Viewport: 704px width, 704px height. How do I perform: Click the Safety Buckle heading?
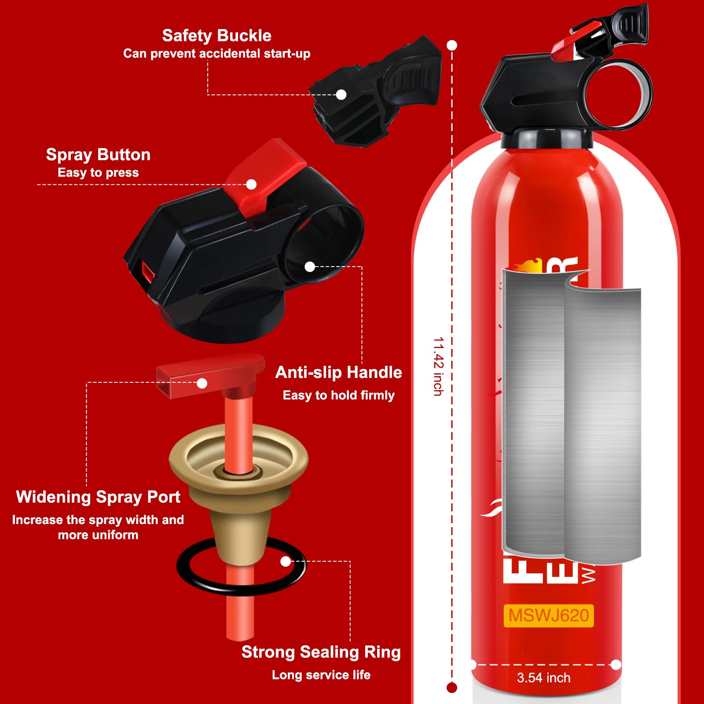point(216,36)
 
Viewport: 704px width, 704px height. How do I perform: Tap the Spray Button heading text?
point(98,155)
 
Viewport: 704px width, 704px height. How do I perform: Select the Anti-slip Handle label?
point(338,373)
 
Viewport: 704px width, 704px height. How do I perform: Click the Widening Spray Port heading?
point(98,497)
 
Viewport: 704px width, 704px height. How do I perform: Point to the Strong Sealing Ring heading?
point(321,652)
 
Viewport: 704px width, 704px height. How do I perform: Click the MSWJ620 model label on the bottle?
point(548,616)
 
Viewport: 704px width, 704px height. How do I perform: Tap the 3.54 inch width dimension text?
point(543,678)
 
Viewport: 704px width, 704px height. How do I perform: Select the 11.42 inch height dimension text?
point(438,366)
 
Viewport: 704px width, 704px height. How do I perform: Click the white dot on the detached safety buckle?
point(341,95)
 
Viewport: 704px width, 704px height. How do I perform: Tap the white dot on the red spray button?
point(251,184)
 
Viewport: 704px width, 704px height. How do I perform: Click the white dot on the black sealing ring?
point(286,561)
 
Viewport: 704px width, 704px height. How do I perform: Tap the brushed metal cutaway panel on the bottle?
point(572,418)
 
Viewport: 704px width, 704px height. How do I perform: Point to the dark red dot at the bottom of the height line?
point(451,687)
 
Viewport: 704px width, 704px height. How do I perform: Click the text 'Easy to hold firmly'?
point(338,395)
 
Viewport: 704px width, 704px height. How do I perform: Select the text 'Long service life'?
point(321,675)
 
